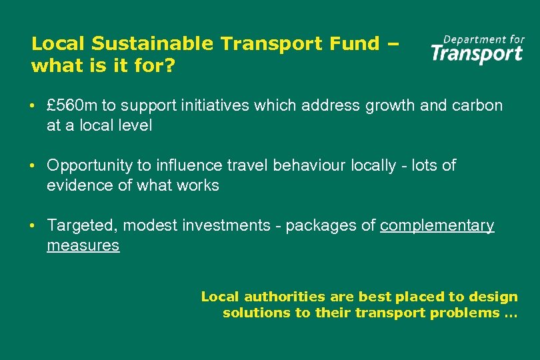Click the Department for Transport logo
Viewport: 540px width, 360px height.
click(x=477, y=49)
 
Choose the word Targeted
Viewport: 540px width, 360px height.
click(x=82, y=226)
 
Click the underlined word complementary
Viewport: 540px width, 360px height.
click(x=437, y=226)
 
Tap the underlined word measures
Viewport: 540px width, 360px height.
click(x=83, y=245)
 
